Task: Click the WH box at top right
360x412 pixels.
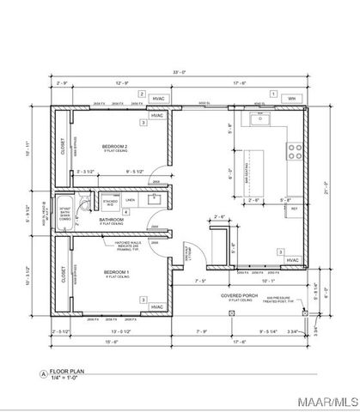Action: [x=291, y=99]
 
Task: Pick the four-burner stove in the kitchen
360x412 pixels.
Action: [x=294, y=151]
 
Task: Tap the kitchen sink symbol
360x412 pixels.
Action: [x=262, y=118]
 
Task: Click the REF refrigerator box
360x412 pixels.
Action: [x=294, y=209]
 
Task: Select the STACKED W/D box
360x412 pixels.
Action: [x=110, y=203]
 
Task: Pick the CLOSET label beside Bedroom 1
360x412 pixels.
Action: [x=63, y=274]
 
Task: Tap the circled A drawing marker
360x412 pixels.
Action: [x=40, y=374]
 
